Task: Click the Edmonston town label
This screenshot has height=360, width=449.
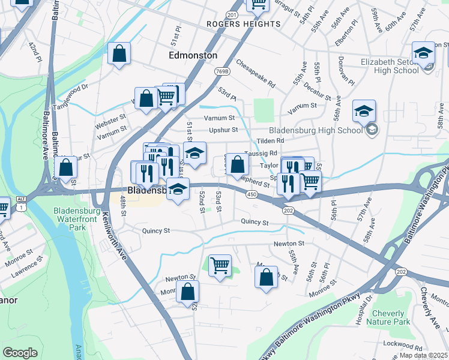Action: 193,55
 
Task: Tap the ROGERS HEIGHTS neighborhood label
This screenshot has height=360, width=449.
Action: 243,24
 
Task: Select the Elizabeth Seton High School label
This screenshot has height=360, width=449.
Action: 390,66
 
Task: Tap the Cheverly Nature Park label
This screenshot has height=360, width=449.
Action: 393,317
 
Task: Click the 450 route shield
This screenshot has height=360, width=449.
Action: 252,194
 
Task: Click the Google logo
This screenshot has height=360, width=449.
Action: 20,353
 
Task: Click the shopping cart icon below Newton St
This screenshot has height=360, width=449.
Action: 220,265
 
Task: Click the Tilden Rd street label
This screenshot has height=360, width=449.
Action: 270,141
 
